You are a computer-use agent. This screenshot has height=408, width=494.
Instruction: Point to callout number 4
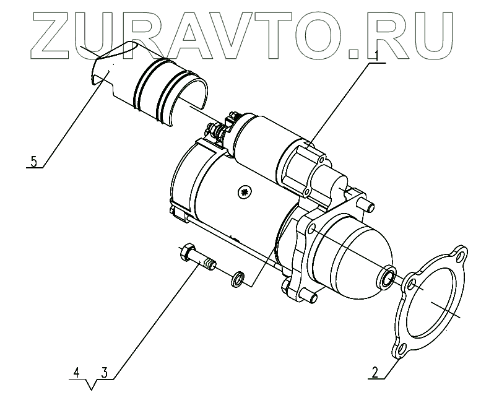(x=76, y=373)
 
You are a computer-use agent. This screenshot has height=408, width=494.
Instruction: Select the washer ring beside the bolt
(x=238, y=280)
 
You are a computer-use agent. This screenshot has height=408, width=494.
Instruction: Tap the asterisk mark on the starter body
(x=245, y=193)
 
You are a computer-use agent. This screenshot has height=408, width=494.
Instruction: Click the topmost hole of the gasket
(x=461, y=254)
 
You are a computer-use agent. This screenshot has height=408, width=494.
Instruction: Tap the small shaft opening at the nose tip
(x=389, y=276)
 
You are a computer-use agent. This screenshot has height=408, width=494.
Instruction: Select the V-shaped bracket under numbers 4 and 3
(x=91, y=385)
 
